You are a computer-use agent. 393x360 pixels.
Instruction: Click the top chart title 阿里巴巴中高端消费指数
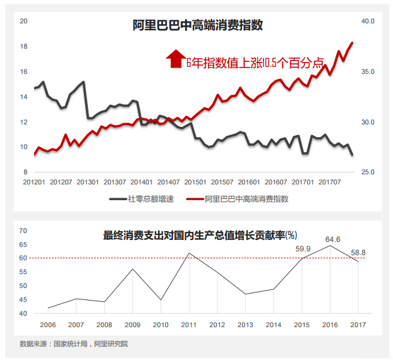197,26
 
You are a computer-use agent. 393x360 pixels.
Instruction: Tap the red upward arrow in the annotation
175,59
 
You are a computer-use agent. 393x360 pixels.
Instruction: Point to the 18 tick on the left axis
23,46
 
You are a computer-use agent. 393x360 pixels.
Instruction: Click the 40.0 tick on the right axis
368,21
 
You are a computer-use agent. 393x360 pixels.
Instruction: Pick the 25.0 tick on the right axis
368,172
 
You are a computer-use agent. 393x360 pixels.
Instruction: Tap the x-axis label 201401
142,183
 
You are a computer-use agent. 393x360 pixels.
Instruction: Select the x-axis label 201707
330,183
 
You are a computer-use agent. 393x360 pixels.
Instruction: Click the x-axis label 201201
34,183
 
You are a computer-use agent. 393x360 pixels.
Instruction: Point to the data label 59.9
304,249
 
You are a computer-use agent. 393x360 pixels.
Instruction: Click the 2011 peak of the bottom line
188,253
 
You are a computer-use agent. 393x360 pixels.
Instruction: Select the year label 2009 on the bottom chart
133,325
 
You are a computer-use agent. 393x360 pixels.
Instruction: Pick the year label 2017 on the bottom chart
358,325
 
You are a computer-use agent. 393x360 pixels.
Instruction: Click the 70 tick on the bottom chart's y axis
23,231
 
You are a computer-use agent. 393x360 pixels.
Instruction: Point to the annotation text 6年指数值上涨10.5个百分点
254,63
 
